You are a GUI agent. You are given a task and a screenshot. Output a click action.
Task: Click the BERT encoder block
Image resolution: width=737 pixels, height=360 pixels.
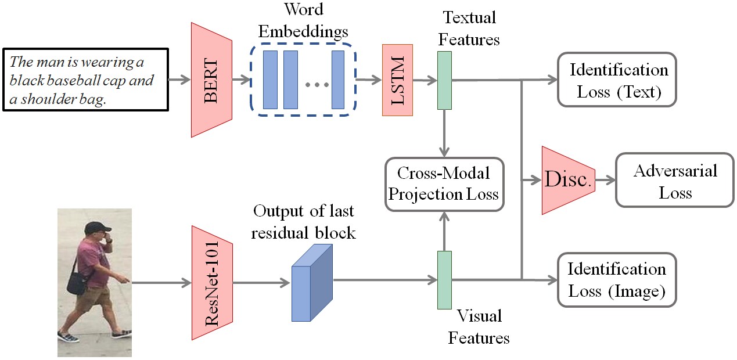click(x=211, y=80)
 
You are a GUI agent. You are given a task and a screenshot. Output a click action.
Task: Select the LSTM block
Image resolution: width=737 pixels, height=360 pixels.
click(x=397, y=80)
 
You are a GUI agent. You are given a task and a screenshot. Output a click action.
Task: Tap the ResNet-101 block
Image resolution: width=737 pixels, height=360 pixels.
click(x=212, y=282)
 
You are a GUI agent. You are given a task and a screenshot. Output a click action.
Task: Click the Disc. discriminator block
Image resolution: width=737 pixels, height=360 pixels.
click(x=567, y=181)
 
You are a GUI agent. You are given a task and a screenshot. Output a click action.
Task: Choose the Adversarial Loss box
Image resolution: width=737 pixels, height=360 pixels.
click(x=674, y=181)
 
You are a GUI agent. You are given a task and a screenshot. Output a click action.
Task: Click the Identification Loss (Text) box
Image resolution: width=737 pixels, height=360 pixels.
click(x=617, y=80)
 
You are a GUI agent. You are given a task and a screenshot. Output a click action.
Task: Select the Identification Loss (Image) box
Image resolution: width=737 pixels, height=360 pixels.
click(x=617, y=280)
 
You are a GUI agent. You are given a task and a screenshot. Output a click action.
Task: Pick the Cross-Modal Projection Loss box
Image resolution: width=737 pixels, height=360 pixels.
click(x=443, y=183)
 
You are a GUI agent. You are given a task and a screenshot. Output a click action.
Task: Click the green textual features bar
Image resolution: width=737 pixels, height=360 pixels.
click(x=444, y=80)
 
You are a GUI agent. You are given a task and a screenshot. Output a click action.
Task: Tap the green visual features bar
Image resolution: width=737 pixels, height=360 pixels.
click(x=444, y=280)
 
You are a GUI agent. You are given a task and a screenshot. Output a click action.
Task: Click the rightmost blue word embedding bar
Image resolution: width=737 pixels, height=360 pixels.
click(x=338, y=80)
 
